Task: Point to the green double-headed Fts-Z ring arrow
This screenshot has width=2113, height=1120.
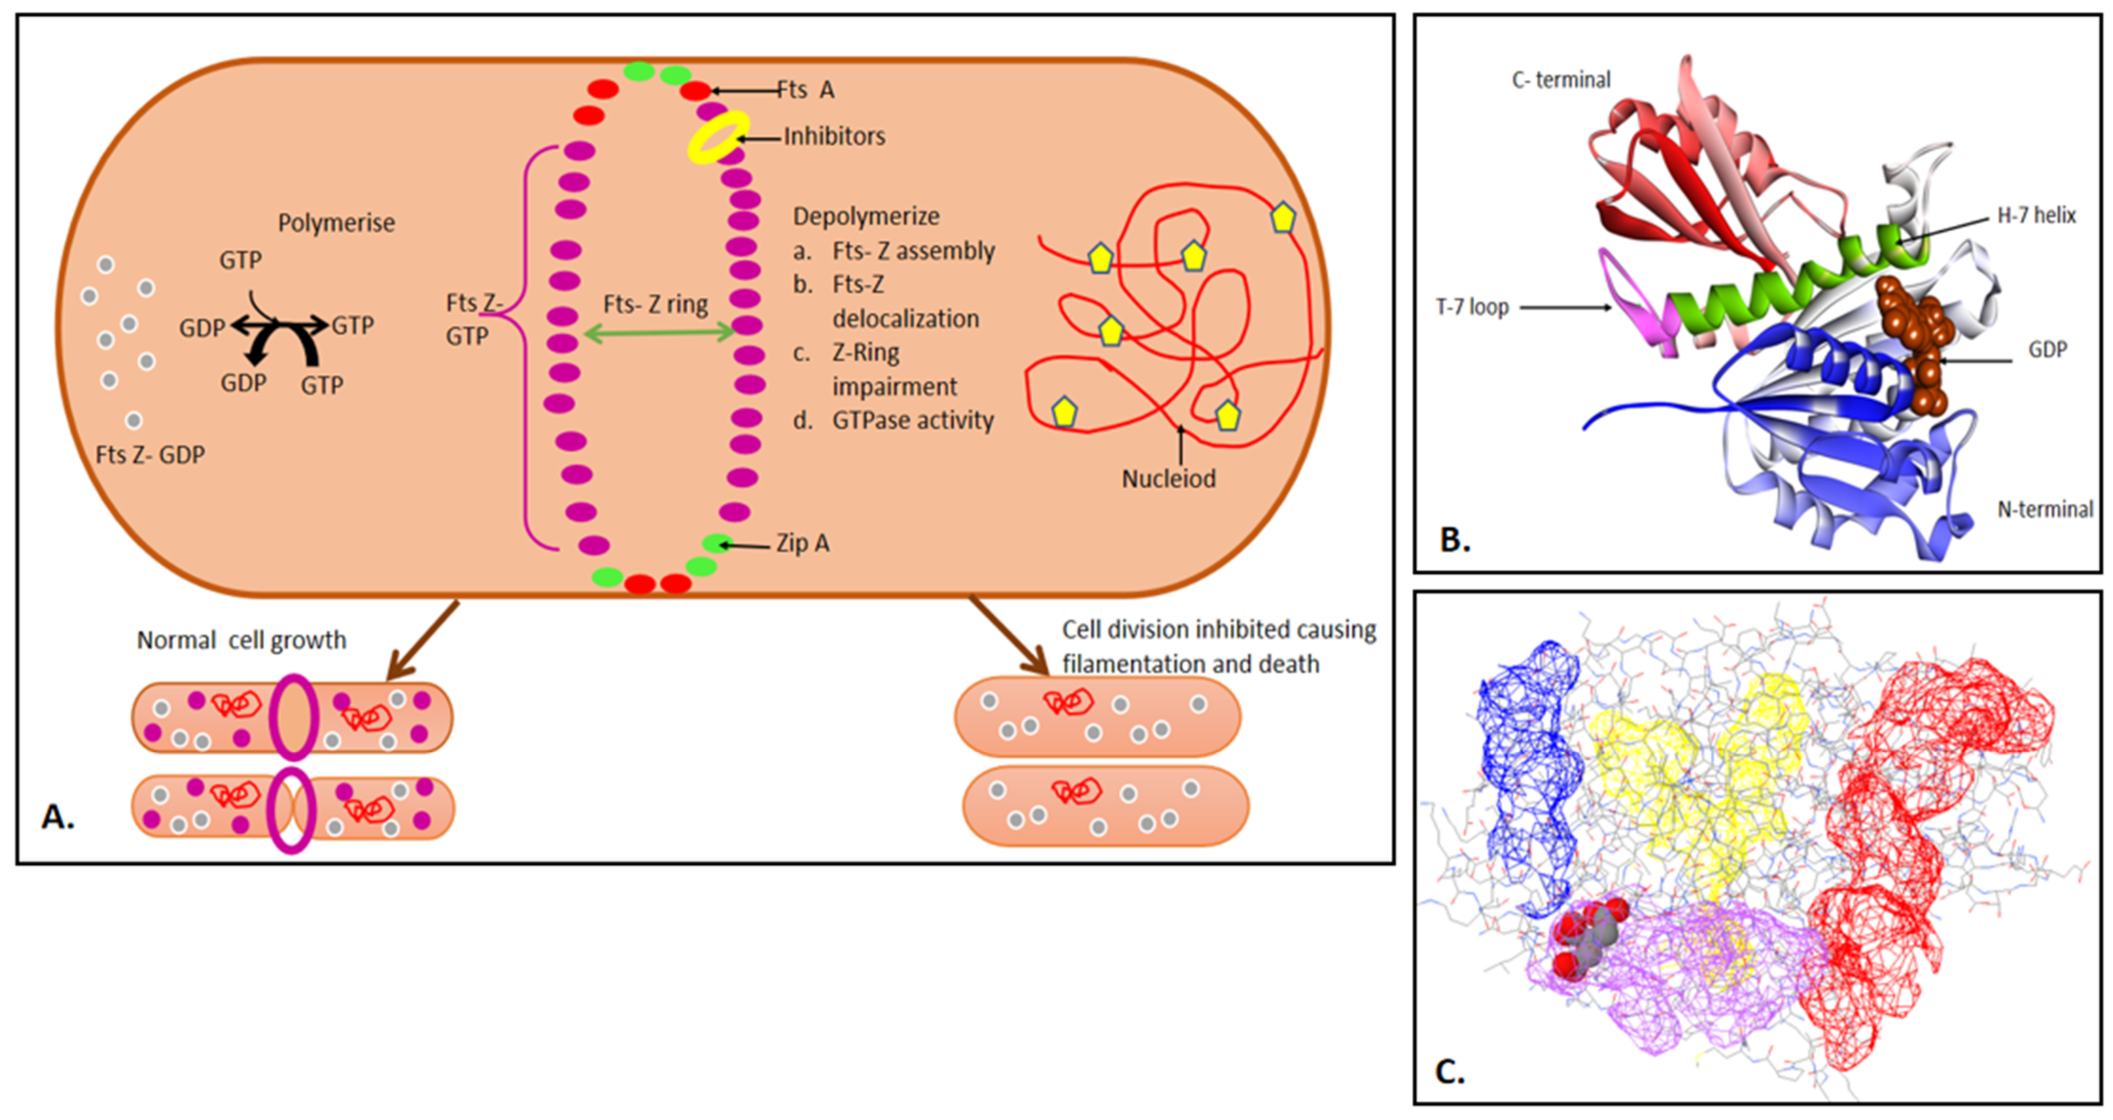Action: (x=659, y=333)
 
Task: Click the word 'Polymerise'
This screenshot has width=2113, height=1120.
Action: (x=336, y=223)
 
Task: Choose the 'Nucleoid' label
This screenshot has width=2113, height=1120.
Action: (x=1168, y=479)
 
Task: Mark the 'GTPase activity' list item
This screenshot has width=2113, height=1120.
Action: (x=912, y=420)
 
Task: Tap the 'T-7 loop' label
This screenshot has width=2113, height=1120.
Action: (x=1473, y=308)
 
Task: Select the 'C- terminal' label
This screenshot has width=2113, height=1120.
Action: (x=1561, y=80)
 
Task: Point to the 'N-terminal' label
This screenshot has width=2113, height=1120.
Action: (x=2045, y=510)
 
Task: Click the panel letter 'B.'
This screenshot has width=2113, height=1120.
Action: (x=1455, y=541)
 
